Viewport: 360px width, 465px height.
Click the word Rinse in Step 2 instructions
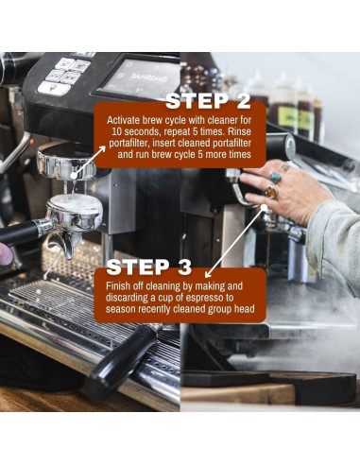(x=241, y=132)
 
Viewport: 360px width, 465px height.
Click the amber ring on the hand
(x=270, y=193)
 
